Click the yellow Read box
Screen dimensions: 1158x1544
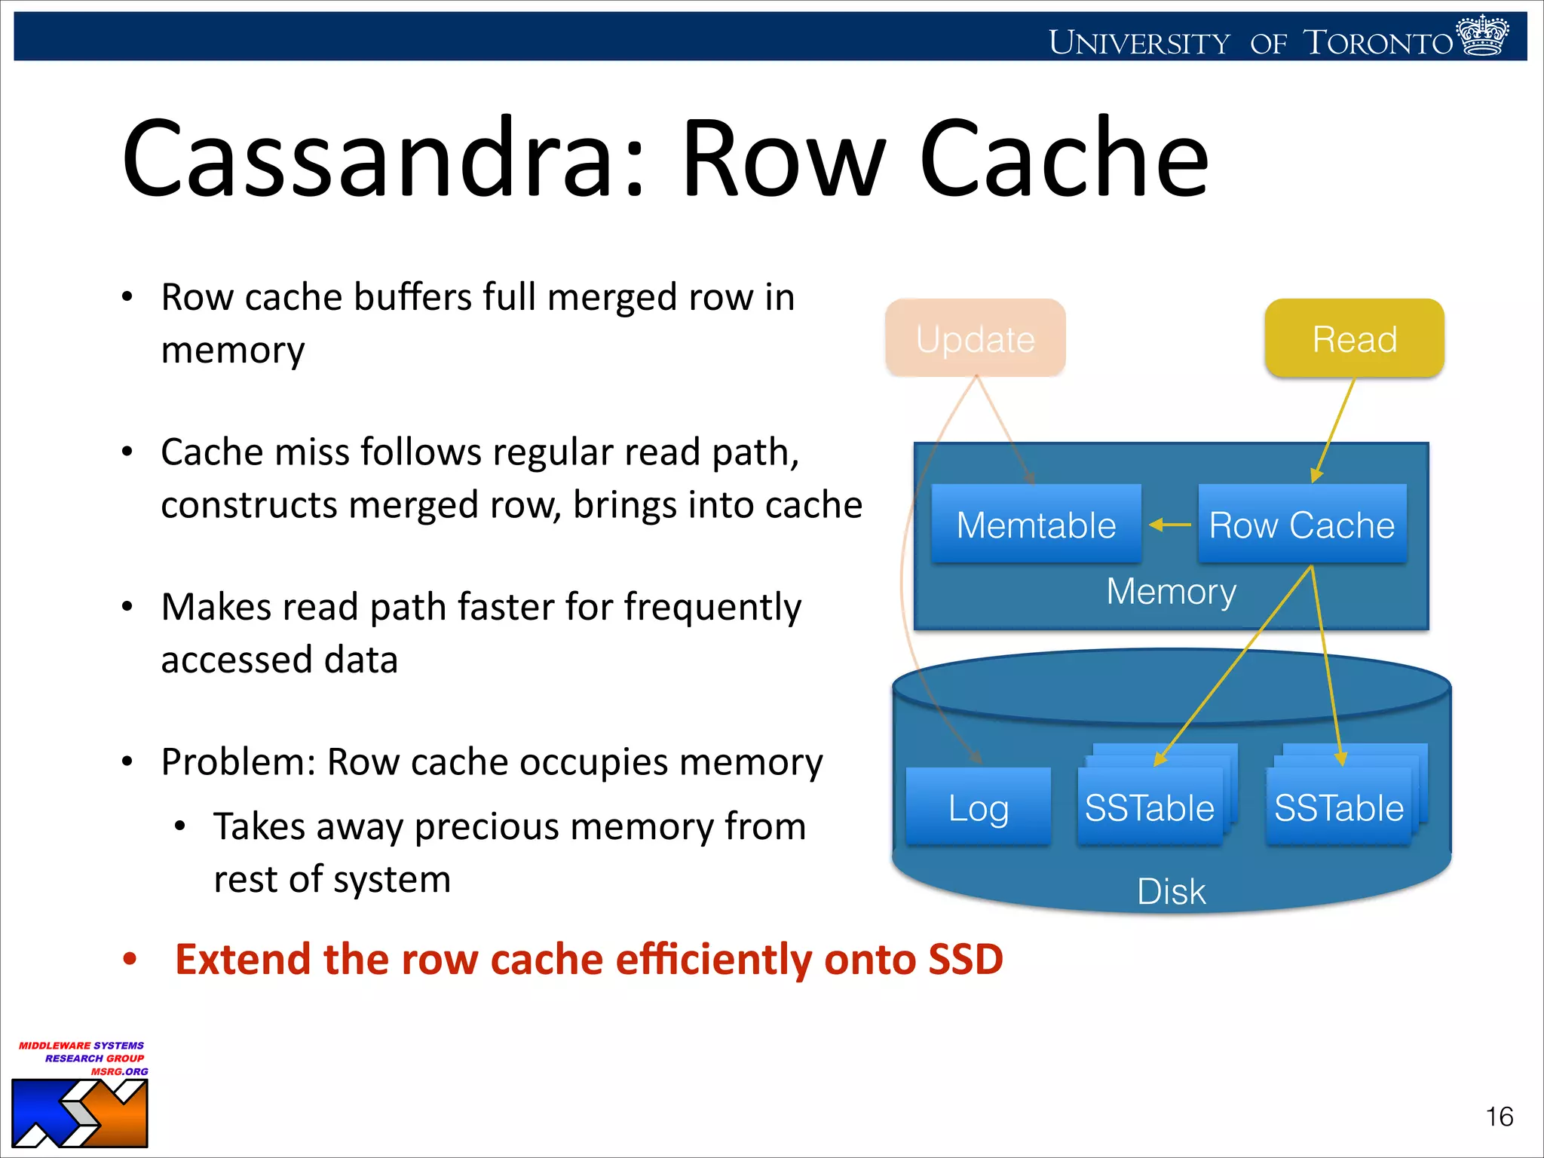pos(1354,339)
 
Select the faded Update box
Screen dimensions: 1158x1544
pos(975,339)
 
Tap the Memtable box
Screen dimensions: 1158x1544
pos(1036,525)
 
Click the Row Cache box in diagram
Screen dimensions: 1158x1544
pos(1302,525)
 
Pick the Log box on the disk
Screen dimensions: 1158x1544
pos(978,807)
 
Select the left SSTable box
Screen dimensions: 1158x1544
pos(1149,807)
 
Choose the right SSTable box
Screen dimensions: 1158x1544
pos(1339,807)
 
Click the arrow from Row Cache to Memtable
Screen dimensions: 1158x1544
pos(1169,525)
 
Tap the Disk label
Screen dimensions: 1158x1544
pos(1171,892)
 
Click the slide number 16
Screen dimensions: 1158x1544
pos(1499,1117)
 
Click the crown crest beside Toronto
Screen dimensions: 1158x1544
pos(1482,35)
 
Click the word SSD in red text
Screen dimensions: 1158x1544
pos(965,960)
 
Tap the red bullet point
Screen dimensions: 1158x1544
pos(130,960)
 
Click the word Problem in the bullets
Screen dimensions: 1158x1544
pos(238,762)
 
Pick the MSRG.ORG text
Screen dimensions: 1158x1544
pos(120,1071)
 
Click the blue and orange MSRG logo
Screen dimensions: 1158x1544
pos(79,1114)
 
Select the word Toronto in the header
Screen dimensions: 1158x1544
pos(1378,43)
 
